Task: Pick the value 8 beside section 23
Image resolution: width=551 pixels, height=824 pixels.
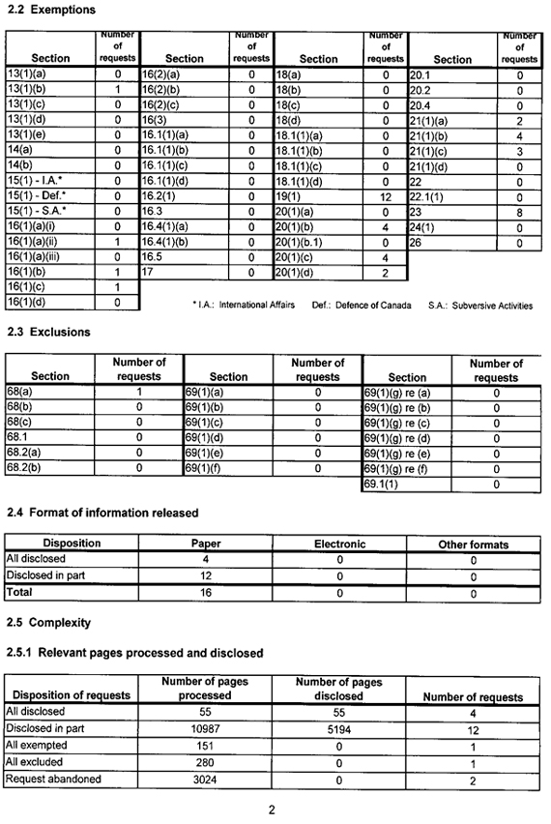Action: (518, 211)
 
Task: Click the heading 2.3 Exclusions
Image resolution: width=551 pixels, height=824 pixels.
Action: (48, 332)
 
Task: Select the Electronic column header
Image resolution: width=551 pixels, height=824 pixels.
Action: (338, 544)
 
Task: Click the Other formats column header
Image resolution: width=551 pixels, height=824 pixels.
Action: (473, 544)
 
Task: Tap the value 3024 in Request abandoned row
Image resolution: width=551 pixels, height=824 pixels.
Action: (205, 779)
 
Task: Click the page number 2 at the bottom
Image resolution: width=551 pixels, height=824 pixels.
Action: (272, 809)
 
